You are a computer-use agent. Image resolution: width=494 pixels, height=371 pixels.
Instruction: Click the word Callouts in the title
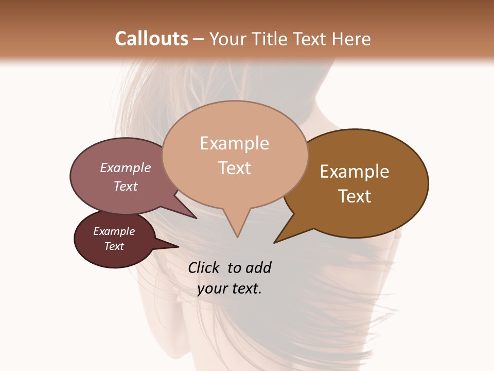pyautogui.click(x=152, y=39)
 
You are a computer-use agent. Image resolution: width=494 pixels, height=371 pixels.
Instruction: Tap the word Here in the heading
pyautogui.click(x=351, y=39)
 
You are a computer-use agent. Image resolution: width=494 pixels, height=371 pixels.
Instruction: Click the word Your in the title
pyautogui.click(x=228, y=39)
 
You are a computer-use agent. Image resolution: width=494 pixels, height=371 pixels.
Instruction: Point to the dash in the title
pyautogui.click(x=199, y=39)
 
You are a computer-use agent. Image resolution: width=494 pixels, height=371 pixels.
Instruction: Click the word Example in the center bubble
pyautogui.click(x=234, y=143)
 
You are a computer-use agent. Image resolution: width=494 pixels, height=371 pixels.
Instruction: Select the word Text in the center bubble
pyautogui.click(x=234, y=168)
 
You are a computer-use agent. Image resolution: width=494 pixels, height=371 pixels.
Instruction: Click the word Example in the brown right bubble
pyautogui.click(x=355, y=172)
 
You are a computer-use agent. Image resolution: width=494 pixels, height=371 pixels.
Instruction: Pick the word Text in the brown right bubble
pyautogui.click(x=355, y=196)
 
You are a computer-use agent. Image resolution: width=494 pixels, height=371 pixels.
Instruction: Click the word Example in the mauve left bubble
pyautogui.click(x=126, y=167)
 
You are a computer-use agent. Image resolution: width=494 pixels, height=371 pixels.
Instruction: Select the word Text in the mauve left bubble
pyautogui.click(x=126, y=186)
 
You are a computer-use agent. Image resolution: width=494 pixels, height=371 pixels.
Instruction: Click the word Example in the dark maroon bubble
pyautogui.click(x=114, y=231)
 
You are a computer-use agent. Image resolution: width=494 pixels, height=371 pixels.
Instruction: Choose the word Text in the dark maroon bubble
pyautogui.click(x=114, y=246)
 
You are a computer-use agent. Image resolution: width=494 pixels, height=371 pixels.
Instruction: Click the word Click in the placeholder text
pyautogui.click(x=204, y=267)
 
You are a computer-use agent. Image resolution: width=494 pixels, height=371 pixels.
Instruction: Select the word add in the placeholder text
pyautogui.click(x=258, y=267)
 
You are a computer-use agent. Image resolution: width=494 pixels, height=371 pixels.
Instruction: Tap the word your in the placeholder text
pyautogui.click(x=211, y=289)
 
